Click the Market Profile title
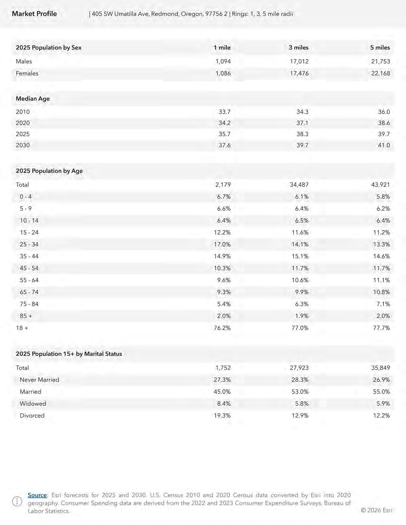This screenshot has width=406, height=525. point(34,14)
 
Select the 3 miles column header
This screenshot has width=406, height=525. point(298,48)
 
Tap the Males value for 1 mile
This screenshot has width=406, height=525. point(223,61)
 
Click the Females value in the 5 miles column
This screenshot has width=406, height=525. point(381,73)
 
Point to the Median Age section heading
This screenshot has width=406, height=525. point(33,99)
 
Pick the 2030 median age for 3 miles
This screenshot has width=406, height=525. point(302,145)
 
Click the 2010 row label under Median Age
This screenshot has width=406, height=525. point(23,112)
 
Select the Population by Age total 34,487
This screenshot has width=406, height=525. point(299,185)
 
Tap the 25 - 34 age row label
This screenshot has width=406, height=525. point(29,244)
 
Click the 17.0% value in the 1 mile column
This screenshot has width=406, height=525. point(222,244)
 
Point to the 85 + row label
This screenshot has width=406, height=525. point(26,316)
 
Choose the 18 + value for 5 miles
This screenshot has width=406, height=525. point(381,328)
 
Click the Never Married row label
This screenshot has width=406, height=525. point(39,380)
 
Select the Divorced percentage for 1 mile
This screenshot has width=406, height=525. point(222,416)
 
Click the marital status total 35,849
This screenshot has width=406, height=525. point(381,368)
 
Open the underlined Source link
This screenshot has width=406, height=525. point(37,495)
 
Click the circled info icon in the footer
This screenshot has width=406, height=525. point(17,502)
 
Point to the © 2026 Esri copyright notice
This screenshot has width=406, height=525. point(376,510)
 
